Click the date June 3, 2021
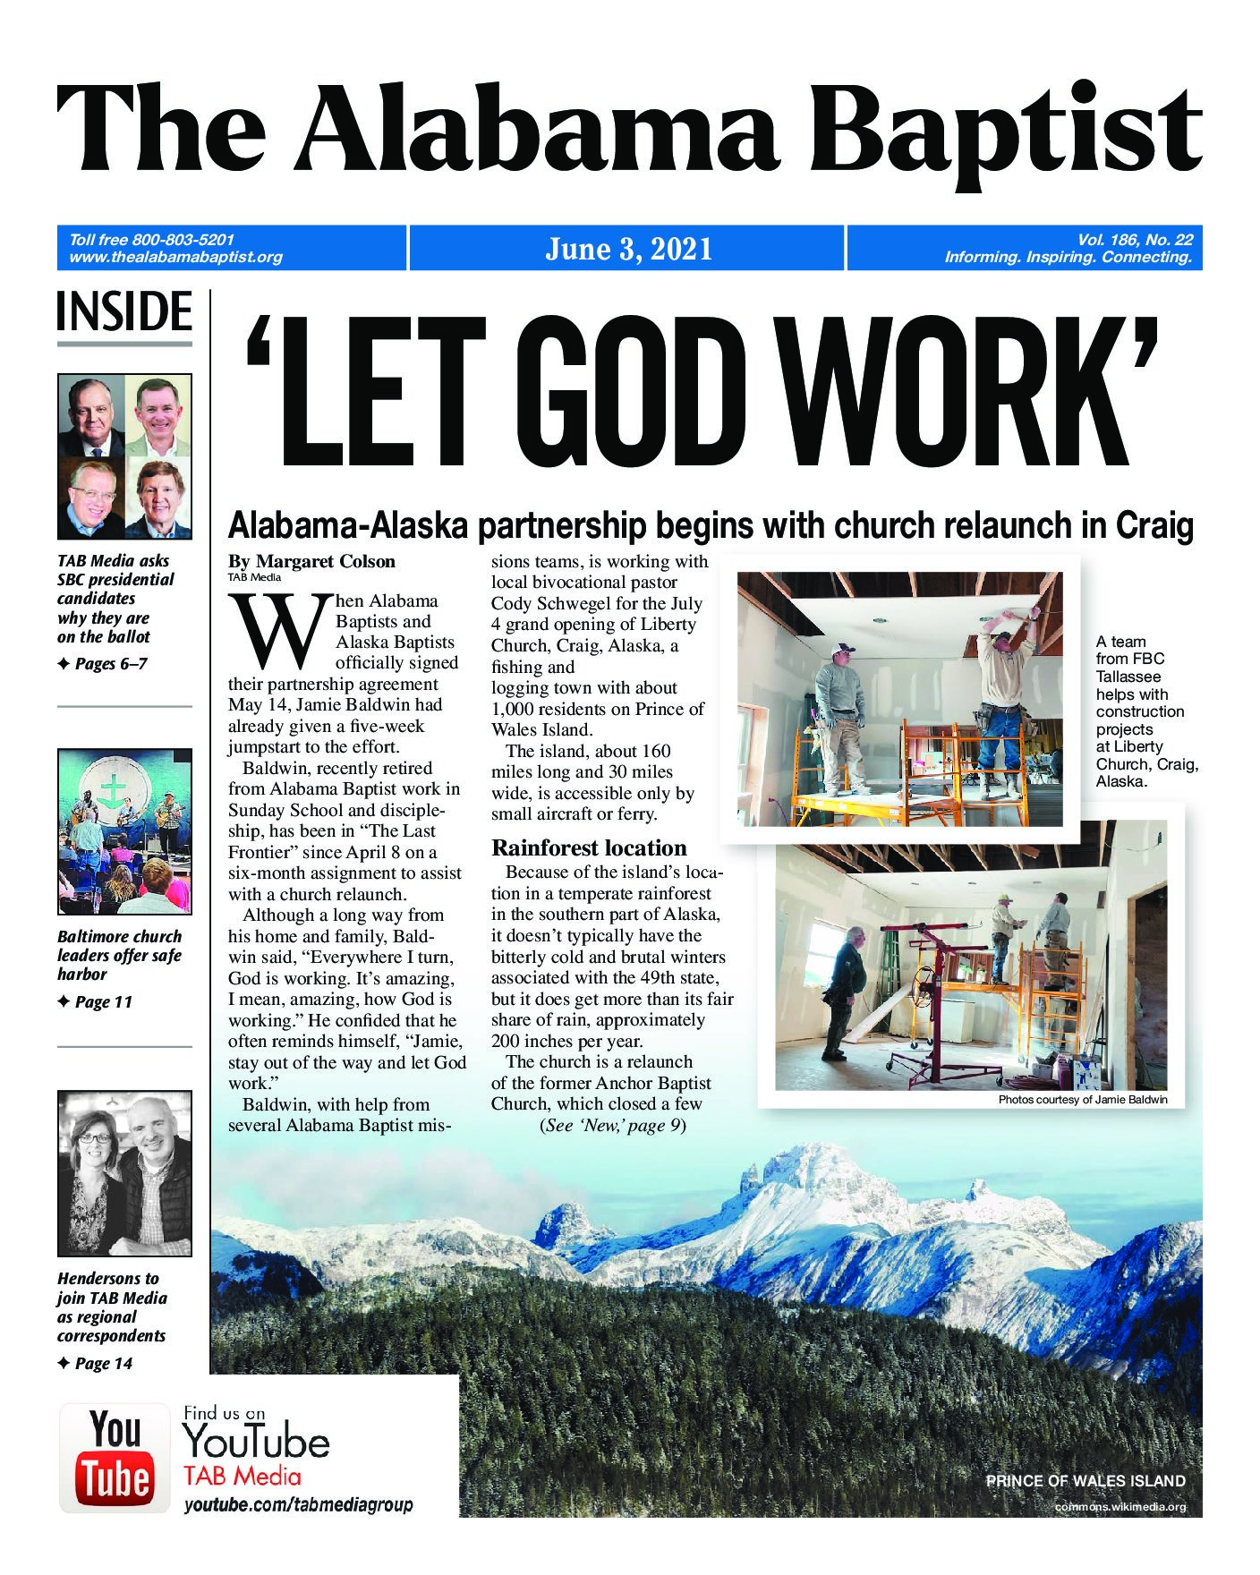pos(628,249)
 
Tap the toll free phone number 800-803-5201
pos(183,240)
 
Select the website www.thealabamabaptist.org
pos(175,258)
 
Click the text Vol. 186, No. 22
pos(1135,240)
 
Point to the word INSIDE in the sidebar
pos(124,313)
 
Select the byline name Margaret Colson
pos(326,562)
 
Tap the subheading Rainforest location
pos(589,848)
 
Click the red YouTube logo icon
pos(115,1458)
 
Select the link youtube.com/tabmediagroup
pos(299,1504)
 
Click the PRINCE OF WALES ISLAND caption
pos(1085,1481)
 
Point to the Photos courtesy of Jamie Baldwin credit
pos(1083,1100)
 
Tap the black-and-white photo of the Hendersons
pos(124,1173)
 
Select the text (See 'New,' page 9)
pos(612,1126)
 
